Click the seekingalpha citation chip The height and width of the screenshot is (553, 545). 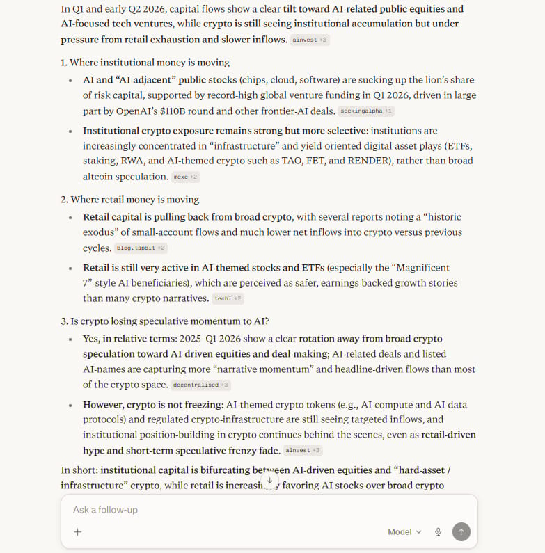(x=366, y=111)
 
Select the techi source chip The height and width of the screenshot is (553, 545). (x=228, y=298)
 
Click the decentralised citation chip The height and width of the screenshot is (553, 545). (x=200, y=385)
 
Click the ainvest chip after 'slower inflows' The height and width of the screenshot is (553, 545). (x=310, y=40)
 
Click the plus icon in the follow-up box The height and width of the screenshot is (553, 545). (x=78, y=531)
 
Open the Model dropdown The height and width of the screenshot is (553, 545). (x=404, y=531)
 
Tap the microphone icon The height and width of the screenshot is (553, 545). (x=439, y=531)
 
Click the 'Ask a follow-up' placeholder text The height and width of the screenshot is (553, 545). (x=105, y=510)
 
